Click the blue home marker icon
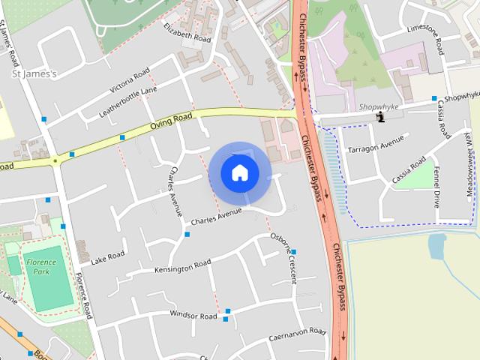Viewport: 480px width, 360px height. click(x=239, y=172)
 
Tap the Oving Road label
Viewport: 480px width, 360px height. click(x=171, y=121)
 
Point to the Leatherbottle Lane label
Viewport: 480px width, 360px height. click(x=128, y=102)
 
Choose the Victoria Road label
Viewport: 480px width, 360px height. click(x=129, y=82)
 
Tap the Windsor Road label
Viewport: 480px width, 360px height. click(x=193, y=316)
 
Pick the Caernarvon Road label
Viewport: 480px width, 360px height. click(x=298, y=334)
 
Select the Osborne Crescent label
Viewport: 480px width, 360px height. click(x=283, y=259)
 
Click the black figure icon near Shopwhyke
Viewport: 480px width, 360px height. click(x=381, y=116)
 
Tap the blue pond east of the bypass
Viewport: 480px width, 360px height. click(x=436, y=247)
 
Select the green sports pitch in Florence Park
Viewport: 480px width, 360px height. click(x=52, y=283)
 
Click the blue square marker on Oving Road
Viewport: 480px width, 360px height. click(x=121, y=137)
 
